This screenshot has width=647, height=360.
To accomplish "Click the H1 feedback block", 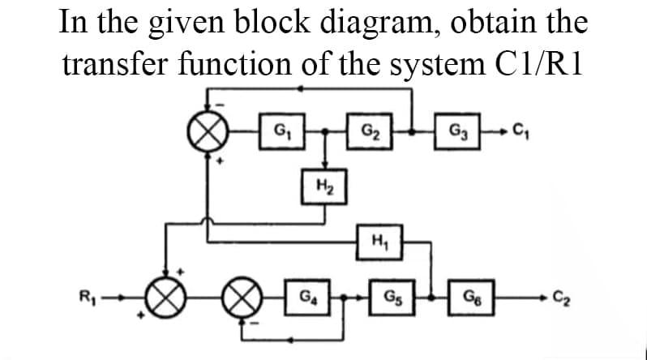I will point(376,239).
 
